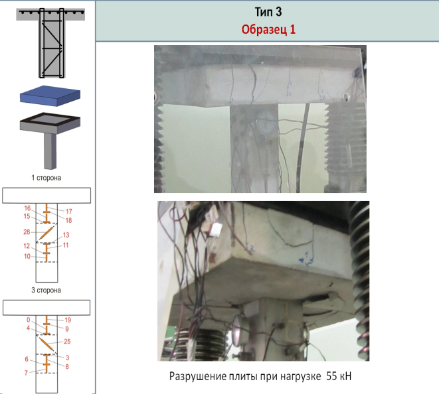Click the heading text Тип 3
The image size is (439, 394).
268,12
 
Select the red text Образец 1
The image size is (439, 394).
268,29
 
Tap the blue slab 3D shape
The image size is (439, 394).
50,96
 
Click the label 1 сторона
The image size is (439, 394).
46,178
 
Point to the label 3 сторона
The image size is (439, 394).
46,291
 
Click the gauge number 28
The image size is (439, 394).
27,231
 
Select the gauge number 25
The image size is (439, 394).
67,342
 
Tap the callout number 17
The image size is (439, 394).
69,212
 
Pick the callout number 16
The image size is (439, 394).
27,208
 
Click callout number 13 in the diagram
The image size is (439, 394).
66,235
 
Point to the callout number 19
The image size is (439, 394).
68,320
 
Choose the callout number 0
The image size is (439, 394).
29,320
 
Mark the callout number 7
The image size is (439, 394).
26,373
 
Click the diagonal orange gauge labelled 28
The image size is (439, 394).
46,233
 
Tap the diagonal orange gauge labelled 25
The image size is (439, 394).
46,344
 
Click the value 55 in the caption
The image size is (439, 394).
331,376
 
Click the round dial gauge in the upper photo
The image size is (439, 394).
266,123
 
